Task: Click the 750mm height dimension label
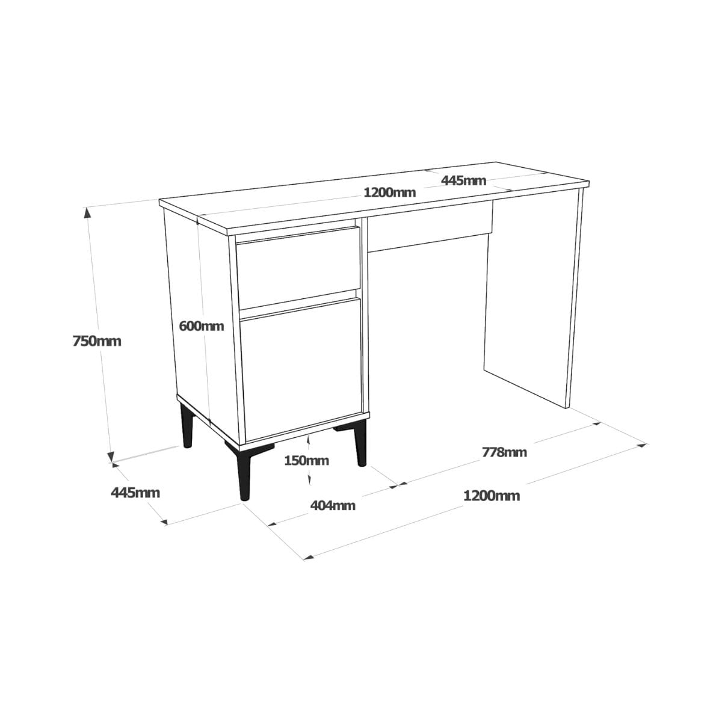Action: (x=96, y=342)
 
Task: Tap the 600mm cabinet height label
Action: (x=201, y=326)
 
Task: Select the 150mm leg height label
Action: (x=306, y=460)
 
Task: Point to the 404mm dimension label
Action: (x=333, y=506)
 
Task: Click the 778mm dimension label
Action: (x=504, y=452)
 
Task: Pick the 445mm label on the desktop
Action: (x=463, y=181)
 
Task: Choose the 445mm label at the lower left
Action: (x=135, y=493)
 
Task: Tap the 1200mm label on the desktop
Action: (x=390, y=193)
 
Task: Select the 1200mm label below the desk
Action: (x=492, y=496)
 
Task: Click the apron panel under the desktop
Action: (x=430, y=226)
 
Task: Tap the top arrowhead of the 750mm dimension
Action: (x=87, y=213)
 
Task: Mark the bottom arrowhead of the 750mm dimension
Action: (x=110, y=457)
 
